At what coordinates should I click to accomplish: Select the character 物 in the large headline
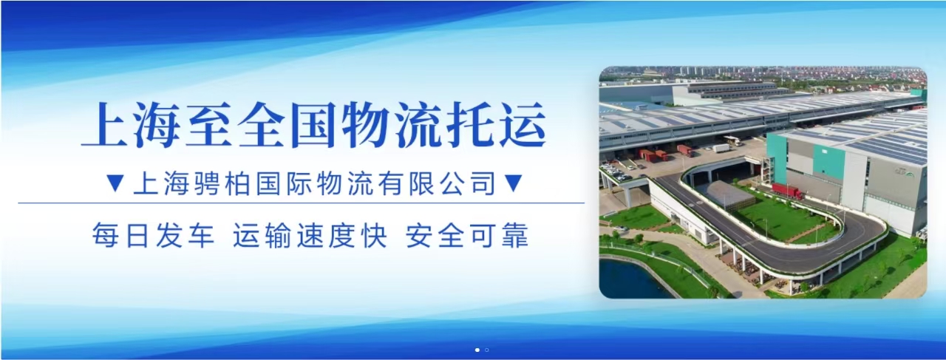[366, 125]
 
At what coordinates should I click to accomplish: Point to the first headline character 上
[106, 125]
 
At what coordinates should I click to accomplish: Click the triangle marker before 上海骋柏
[115, 183]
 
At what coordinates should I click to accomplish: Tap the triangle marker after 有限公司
[514, 183]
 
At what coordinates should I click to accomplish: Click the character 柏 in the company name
[238, 183]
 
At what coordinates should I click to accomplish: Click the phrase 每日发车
[154, 235]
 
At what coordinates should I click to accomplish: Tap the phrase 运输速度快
[310, 235]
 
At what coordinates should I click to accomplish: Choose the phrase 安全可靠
[467, 235]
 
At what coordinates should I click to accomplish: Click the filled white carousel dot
[477, 350]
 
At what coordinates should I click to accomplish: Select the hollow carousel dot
[487, 350]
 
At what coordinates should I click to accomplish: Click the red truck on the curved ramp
[788, 191]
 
